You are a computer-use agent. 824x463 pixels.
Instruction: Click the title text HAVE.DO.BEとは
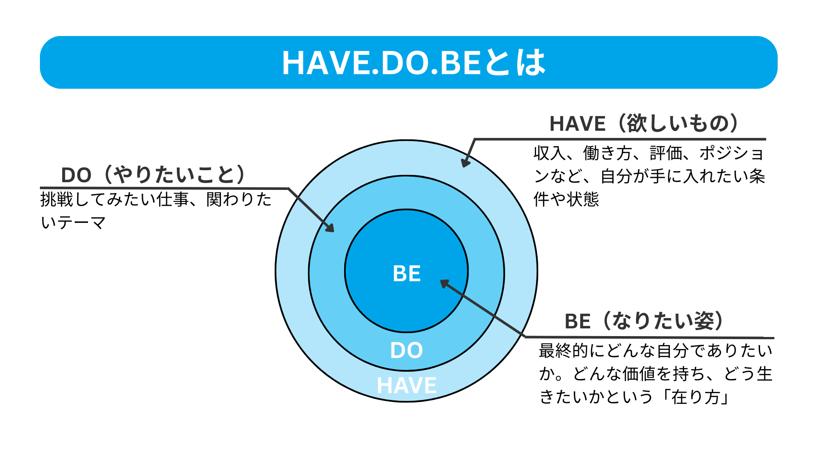(x=413, y=63)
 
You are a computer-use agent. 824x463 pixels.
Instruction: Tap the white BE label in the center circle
(x=406, y=274)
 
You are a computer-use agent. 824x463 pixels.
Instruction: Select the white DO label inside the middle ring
(x=406, y=350)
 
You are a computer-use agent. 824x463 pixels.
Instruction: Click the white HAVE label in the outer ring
(x=406, y=385)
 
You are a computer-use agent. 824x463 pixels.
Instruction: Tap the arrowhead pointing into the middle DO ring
(x=330, y=228)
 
